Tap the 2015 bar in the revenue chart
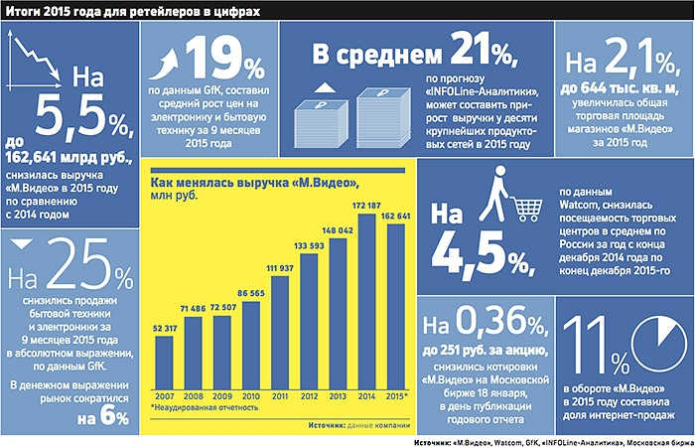pyautogui.click(x=396, y=307)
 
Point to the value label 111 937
pyautogui.click(x=281, y=267)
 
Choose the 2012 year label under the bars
pyautogui.click(x=310, y=394)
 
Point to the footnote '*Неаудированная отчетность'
pyautogui.click(x=205, y=407)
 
